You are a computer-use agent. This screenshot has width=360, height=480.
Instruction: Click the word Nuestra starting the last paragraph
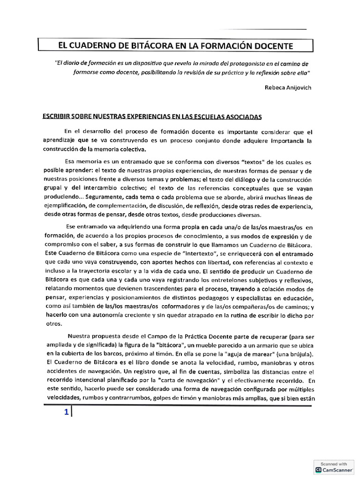click(x=79, y=336)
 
